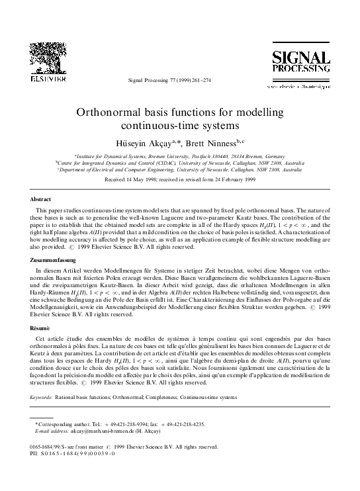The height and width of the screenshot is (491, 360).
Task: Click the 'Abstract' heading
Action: (x=42, y=199)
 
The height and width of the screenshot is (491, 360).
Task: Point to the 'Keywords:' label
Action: (x=42, y=398)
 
